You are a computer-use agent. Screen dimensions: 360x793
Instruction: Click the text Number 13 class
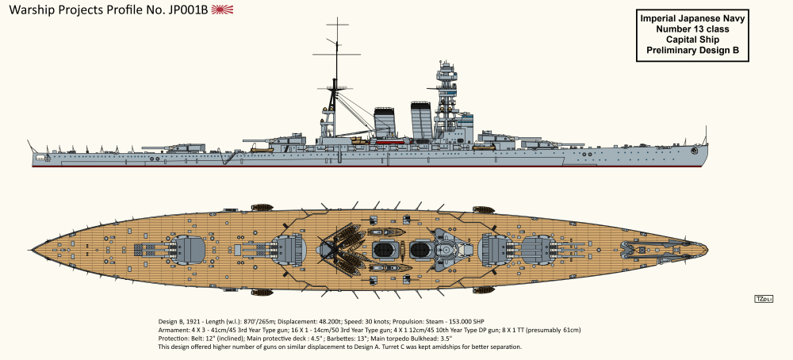point(691,29)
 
